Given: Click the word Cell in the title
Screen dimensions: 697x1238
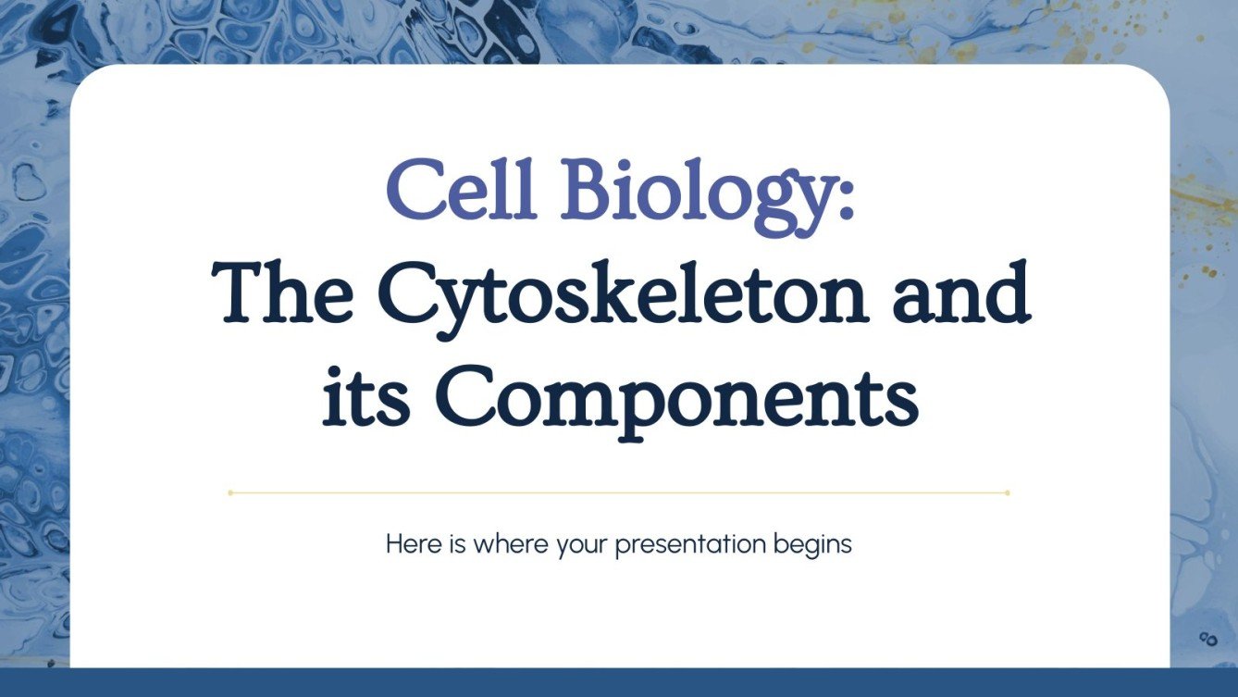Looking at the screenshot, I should (461, 191).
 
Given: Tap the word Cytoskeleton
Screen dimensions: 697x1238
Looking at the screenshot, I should (624, 293).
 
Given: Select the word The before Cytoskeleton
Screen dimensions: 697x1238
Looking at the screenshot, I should (281, 293).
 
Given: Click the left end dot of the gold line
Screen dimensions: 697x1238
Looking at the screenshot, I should (230, 492).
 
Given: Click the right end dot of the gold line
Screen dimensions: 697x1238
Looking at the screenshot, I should (1007, 492).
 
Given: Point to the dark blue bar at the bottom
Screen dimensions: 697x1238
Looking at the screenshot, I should (619, 682).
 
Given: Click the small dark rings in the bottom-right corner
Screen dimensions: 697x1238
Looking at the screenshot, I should (1207, 637).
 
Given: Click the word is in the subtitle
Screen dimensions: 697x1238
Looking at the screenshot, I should (457, 544).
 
